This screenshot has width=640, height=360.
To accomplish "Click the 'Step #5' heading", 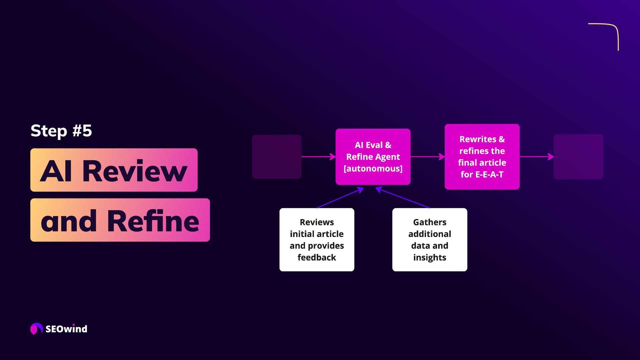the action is click(61, 131).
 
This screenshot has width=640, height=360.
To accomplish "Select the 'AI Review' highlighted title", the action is click(114, 170).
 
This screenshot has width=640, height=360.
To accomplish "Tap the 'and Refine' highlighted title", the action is click(120, 220).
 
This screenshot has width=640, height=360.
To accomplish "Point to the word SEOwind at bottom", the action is click(66, 329).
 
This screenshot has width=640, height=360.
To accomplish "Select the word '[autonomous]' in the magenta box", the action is click(373, 169).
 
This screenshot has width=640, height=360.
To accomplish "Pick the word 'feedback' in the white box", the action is click(317, 257).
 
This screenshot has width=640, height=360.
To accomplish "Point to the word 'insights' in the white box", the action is click(430, 257).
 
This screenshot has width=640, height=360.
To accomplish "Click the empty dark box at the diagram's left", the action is click(277, 157).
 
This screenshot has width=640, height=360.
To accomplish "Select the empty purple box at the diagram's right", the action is click(578, 157).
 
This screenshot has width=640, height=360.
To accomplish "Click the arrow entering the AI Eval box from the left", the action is click(318, 157).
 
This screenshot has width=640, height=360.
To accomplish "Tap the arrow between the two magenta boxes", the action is click(428, 157).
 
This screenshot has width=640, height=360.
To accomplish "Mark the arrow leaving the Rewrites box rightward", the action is click(537, 157).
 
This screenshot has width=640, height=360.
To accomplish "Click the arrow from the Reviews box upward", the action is click(340, 198).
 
